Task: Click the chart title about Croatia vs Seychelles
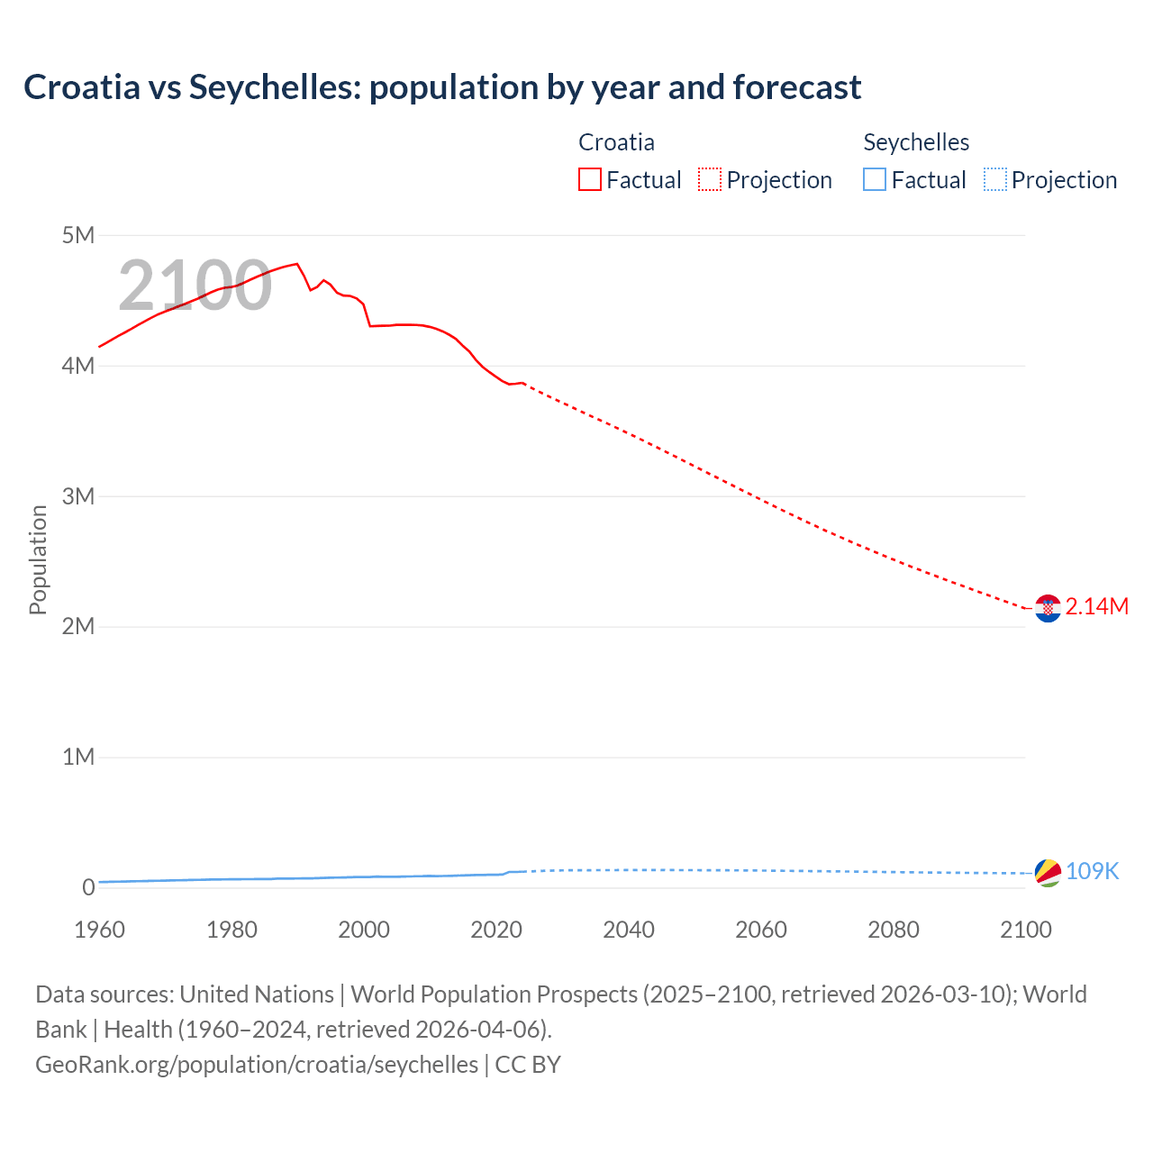(442, 87)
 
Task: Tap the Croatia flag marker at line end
(1048, 609)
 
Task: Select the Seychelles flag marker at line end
(1048, 873)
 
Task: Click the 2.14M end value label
(1096, 606)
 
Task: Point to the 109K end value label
(1092, 871)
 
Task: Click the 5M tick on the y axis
(78, 235)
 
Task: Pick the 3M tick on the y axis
(78, 496)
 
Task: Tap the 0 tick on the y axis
(88, 887)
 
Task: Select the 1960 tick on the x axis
(99, 930)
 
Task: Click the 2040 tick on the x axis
(629, 930)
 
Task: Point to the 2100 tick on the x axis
(1025, 930)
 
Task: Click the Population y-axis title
(38, 559)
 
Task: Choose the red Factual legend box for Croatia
(590, 180)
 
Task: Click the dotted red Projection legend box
(710, 180)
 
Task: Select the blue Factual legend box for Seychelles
(875, 180)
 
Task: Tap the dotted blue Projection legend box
(994, 180)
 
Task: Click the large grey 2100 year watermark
(195, 286)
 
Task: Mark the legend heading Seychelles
(916, 142)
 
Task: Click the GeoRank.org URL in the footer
(257, 1065)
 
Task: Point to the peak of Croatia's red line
(296, 264)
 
